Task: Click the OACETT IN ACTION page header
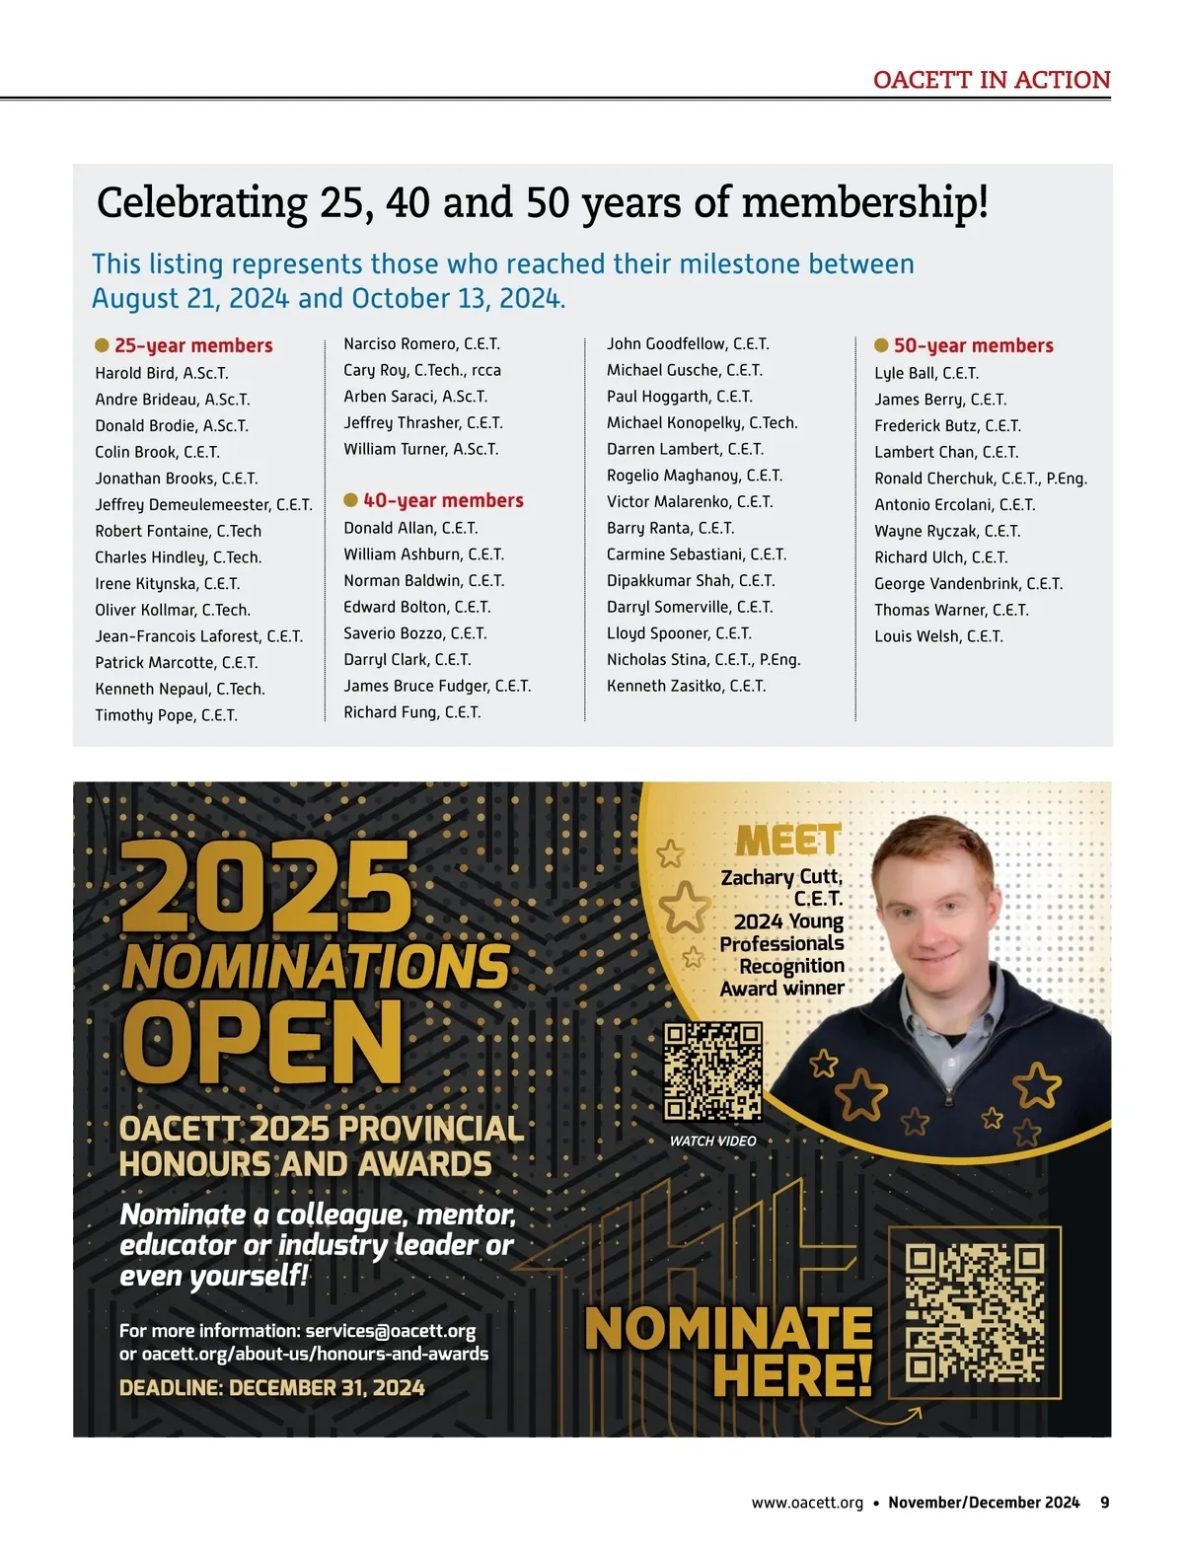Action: coord(992,80)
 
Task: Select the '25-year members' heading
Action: coord(192,345)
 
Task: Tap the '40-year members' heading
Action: coord(442,500)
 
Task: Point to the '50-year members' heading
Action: coord(973,345)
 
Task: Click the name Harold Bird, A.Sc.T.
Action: coord(162,373)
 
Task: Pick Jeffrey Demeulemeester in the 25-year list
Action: coord(203,505)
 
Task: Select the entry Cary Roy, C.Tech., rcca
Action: coord(422,370)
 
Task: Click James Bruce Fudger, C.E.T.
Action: coord(437,686)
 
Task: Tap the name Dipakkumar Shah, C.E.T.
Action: coord(691,580)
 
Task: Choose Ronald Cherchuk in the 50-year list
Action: coord(981,479)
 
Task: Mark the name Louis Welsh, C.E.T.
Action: coord(938,636)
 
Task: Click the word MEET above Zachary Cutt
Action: coord(788,841)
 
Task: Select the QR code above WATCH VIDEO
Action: coord(712,1072)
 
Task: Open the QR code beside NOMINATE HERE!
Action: coord(975,1312)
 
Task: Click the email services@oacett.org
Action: coord(391,1331)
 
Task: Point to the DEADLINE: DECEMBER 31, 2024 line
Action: coord(272,1388)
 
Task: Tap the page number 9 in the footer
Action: coord(1105,1503)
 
